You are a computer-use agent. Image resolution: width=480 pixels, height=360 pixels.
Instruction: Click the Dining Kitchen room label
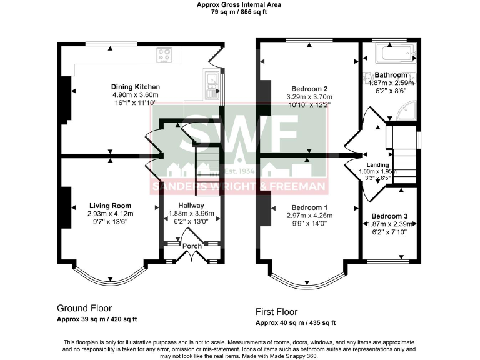[x=136, y=87]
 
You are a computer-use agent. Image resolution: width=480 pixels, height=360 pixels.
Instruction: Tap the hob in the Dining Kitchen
[x=165, y=55]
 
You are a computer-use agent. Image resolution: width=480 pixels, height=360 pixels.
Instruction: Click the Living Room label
[x=110, y=206]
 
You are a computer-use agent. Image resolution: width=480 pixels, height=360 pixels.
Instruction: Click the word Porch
[x=192, y=246]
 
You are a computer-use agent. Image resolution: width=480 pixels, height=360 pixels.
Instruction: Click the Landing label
[x=378, y=165]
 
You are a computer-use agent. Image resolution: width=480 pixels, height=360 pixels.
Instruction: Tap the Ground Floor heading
[x=84, y=308]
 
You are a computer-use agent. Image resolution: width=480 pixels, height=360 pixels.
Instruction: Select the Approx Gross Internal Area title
[x=239, y=4]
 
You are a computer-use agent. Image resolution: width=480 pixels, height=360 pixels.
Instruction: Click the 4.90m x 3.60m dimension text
[x=136, y=95]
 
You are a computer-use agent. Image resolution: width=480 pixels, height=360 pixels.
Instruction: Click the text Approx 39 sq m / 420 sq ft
[x=97, y=319]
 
